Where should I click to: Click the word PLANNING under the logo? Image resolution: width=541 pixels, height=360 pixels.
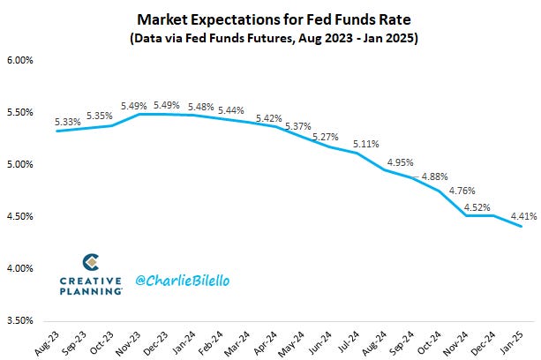tap(91, 290)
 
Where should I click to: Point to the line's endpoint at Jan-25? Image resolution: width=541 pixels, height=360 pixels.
tap(521, 227)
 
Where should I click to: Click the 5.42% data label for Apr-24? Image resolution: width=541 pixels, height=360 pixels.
tap(269, 116)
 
